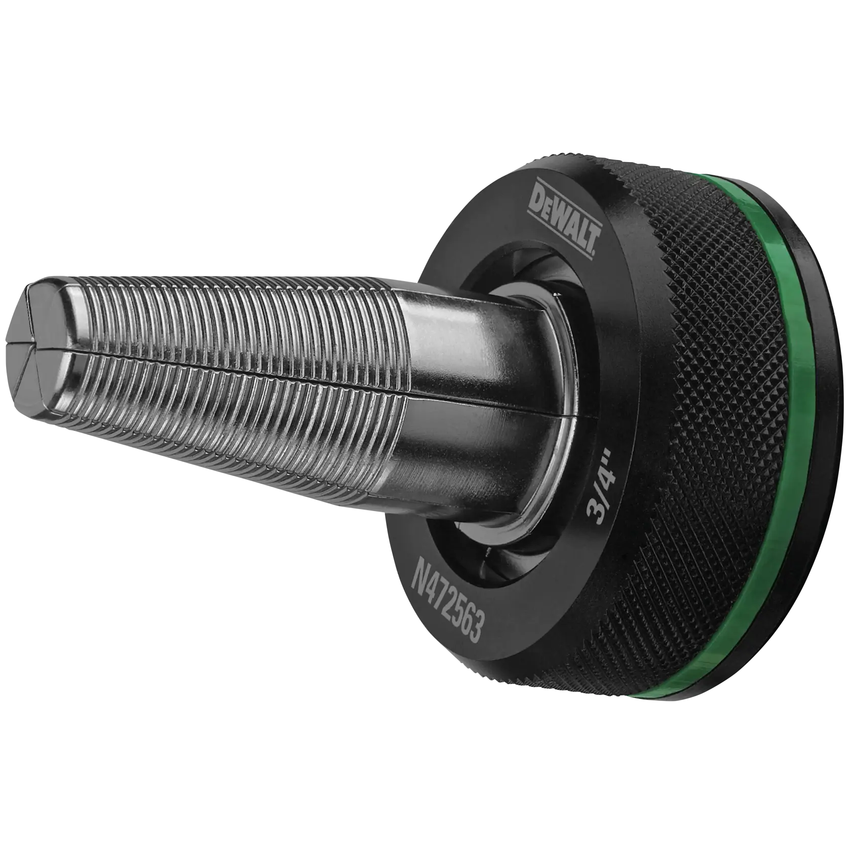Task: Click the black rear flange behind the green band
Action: [821, 405]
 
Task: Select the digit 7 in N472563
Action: [445, 598]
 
